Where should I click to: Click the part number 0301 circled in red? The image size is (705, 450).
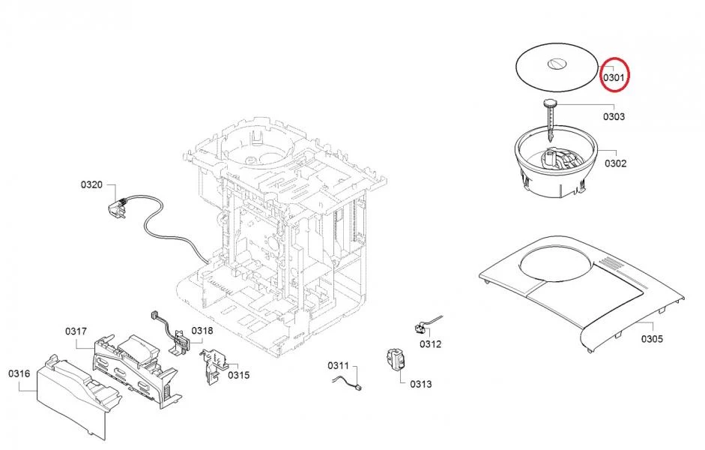click(x=614, y=77)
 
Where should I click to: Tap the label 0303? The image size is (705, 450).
click(x=614, y=116)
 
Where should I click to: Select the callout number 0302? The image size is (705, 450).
click(x=616, y=163)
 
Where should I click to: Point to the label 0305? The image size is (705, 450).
click(x=652, y=339)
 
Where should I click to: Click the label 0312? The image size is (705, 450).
click(x=430, y=344)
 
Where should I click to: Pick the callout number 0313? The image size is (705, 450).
click(x=421, y=384)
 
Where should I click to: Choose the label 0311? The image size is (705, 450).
click(x=338, y=365)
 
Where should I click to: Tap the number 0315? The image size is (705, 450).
click(x=239, y=375)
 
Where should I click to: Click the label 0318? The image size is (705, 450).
click(x=202, y=331)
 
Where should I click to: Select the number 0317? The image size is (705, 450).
click(x=76, y=331)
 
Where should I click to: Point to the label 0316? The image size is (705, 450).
click(x=19, y=373)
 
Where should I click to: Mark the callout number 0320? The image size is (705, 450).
click(x=91, y=184)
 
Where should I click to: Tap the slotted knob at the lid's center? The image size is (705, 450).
click(x=556, y=64)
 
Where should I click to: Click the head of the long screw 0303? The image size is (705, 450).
click(x=551, y=103)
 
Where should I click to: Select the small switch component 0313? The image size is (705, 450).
click(x=396, y=360)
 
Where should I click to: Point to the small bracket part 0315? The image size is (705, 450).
click(x=212, y=365)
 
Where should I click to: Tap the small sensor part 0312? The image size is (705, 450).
click(x=420, y=329)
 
